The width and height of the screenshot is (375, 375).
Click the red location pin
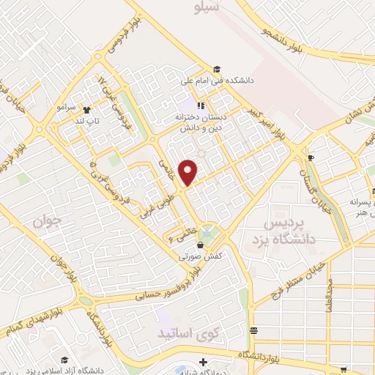point(188,171)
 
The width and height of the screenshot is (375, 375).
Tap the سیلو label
point(204,7)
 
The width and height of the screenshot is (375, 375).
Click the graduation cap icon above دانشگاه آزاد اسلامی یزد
point(64,359)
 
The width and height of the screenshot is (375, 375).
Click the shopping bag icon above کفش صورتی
point(200,246)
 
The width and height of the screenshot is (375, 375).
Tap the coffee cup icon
point(311,157)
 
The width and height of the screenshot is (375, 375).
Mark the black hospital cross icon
point(203,360)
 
